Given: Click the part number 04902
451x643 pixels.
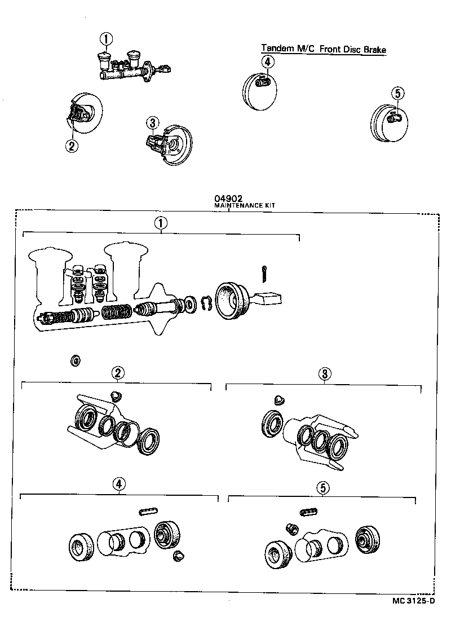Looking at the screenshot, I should click(228, 199).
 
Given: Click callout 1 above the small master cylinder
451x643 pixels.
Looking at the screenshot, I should click(106, 39).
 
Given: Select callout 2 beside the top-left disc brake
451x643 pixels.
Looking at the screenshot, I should click(71, 146).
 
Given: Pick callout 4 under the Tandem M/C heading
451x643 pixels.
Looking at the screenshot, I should click(268, 62).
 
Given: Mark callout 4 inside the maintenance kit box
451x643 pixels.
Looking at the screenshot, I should click(119, 483).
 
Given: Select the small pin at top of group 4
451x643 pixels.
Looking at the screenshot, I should click(147, 511).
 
